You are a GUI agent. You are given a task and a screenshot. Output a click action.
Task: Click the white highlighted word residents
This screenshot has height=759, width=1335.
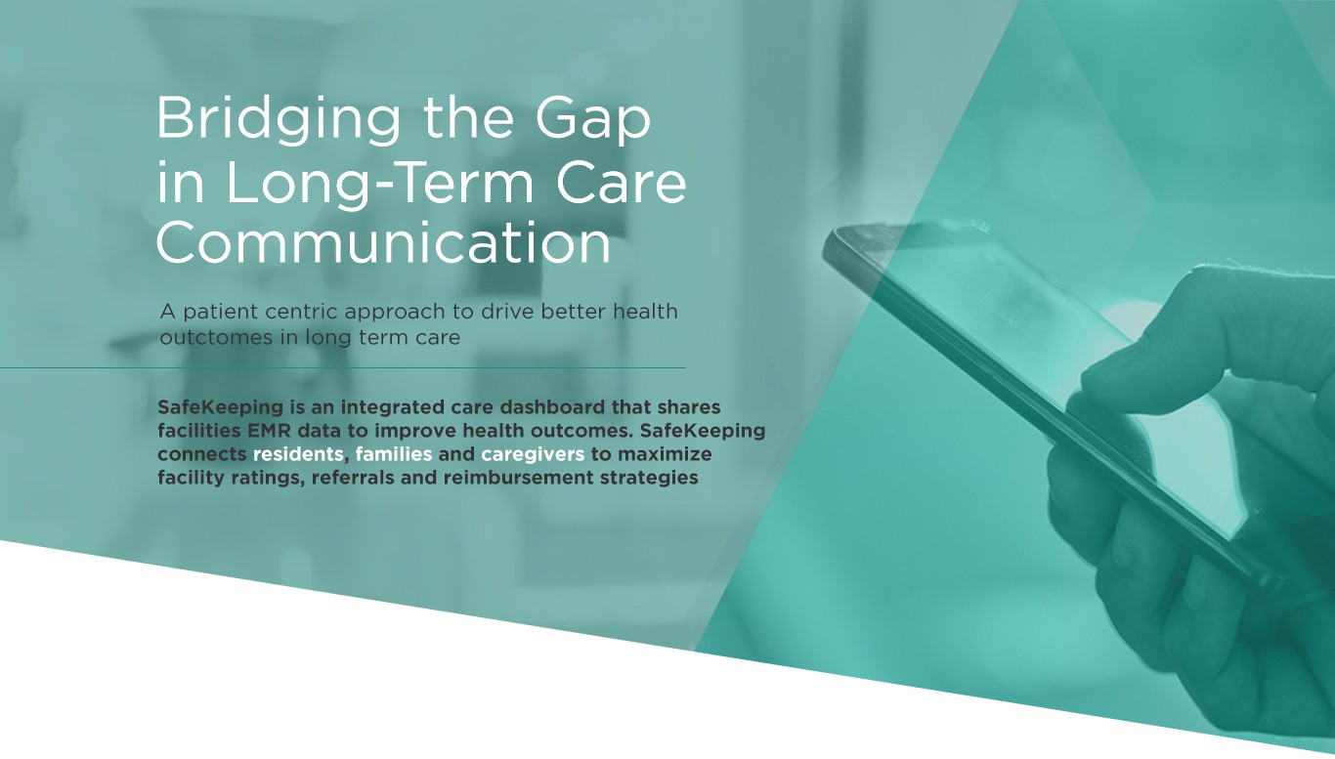(298, 454)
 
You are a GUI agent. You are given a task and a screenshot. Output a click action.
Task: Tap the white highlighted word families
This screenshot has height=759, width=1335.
(394, 454)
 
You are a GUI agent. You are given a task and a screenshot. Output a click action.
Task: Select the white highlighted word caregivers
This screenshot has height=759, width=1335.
(532, 454)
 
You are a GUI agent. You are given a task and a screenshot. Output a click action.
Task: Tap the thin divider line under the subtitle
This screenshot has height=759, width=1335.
(342, 368)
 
